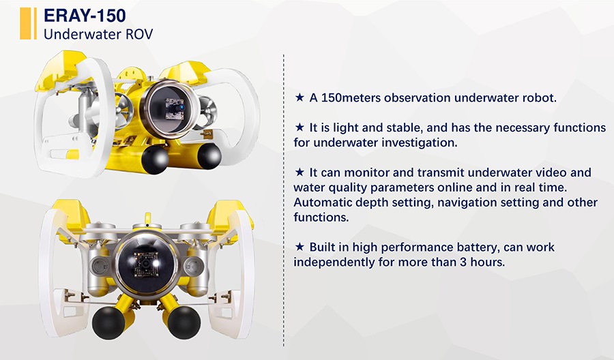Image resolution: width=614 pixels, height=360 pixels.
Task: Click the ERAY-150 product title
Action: pyautogui.click(x=85, y=16)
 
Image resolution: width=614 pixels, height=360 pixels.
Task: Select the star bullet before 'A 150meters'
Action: pyautogui.click(x=299, y=97)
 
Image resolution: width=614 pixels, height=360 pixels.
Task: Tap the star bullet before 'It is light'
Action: pyautogui.click(x=299, y=127)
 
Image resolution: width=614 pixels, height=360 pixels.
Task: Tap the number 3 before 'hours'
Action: pyautogui.click(x=463, y=262)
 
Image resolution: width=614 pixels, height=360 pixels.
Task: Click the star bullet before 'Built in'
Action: pyautogui.click(x=299, y=247)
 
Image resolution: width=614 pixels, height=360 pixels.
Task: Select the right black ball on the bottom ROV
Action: pyautogui.click(x=184, y=322)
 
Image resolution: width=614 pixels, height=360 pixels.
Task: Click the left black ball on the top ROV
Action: pyautogui.click(x=155, y=160)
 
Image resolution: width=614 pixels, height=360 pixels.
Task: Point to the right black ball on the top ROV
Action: pyautogui.click(x=209, y=155)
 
